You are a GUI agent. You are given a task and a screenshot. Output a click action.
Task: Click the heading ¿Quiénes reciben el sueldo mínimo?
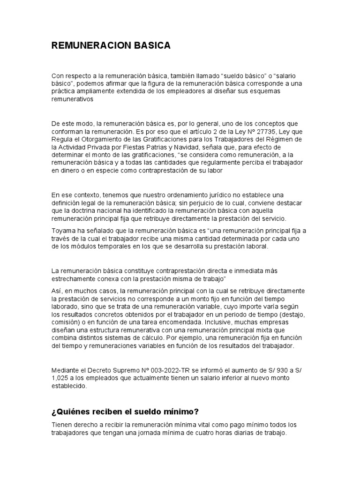[125, 412]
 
